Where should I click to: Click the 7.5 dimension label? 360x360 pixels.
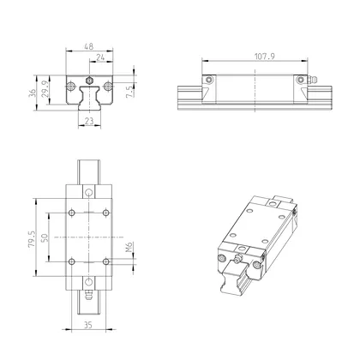(129, 93)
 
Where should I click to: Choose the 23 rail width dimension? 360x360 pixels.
(88, 122)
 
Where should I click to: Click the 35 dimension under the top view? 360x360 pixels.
(88, 326)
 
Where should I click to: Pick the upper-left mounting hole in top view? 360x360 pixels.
(72, 212)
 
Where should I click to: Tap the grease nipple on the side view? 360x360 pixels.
(313, 81)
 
